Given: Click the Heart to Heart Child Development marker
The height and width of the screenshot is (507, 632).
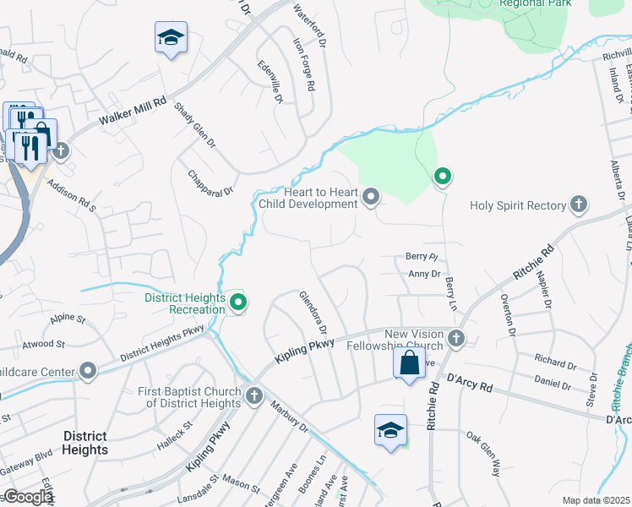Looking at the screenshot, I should pos(370,198).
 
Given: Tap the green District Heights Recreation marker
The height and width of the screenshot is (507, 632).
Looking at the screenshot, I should pos(238,302).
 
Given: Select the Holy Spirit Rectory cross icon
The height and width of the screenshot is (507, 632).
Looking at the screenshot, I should pos(579,204).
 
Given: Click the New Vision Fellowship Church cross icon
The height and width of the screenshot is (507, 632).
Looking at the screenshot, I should pos(456,339).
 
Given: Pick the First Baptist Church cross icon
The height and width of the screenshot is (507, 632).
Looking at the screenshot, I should pos(254,395).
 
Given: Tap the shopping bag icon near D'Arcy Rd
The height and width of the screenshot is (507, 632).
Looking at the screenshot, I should pos(409,364).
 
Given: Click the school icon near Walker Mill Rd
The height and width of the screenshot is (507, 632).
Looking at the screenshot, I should pos(171,37).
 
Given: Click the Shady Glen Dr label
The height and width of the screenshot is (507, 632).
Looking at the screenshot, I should pos(194,125).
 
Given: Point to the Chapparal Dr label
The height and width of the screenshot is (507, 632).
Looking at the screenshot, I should pos(210,181).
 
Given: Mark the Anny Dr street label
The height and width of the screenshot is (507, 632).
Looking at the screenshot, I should pos(424,274).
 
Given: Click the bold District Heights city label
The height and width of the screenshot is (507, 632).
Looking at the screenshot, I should pos(84,443).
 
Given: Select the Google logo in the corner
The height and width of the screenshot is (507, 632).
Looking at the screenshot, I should pos(28,498).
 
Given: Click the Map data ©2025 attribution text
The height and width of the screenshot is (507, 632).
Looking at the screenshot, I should pos(596,500).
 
